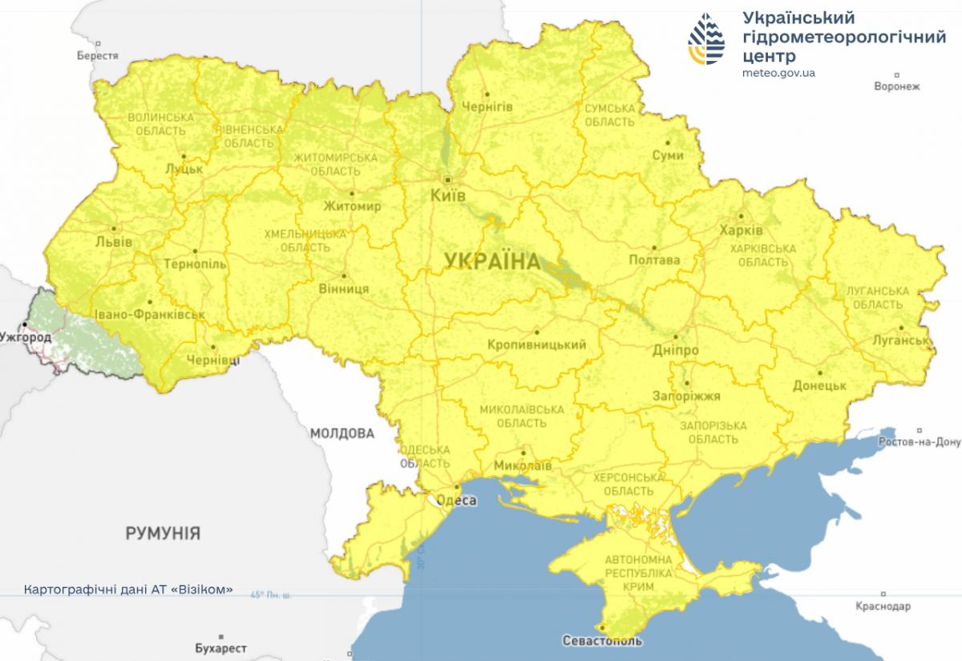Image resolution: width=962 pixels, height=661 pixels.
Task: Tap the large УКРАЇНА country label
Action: tap(491, 261)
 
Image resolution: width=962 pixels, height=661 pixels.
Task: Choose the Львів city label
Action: tap(113, 242)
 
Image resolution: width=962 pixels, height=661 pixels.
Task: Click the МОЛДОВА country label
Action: tap(342, 433)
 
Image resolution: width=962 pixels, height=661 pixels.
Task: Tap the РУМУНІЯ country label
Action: tap(163, 533)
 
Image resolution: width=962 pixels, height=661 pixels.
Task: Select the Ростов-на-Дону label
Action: tap(919, 442)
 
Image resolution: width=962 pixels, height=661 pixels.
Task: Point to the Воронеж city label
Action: tap(897, 86)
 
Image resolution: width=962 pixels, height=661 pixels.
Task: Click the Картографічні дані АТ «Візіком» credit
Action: tap(129, 589)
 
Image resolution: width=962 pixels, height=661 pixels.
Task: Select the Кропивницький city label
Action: tap(536, 345)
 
